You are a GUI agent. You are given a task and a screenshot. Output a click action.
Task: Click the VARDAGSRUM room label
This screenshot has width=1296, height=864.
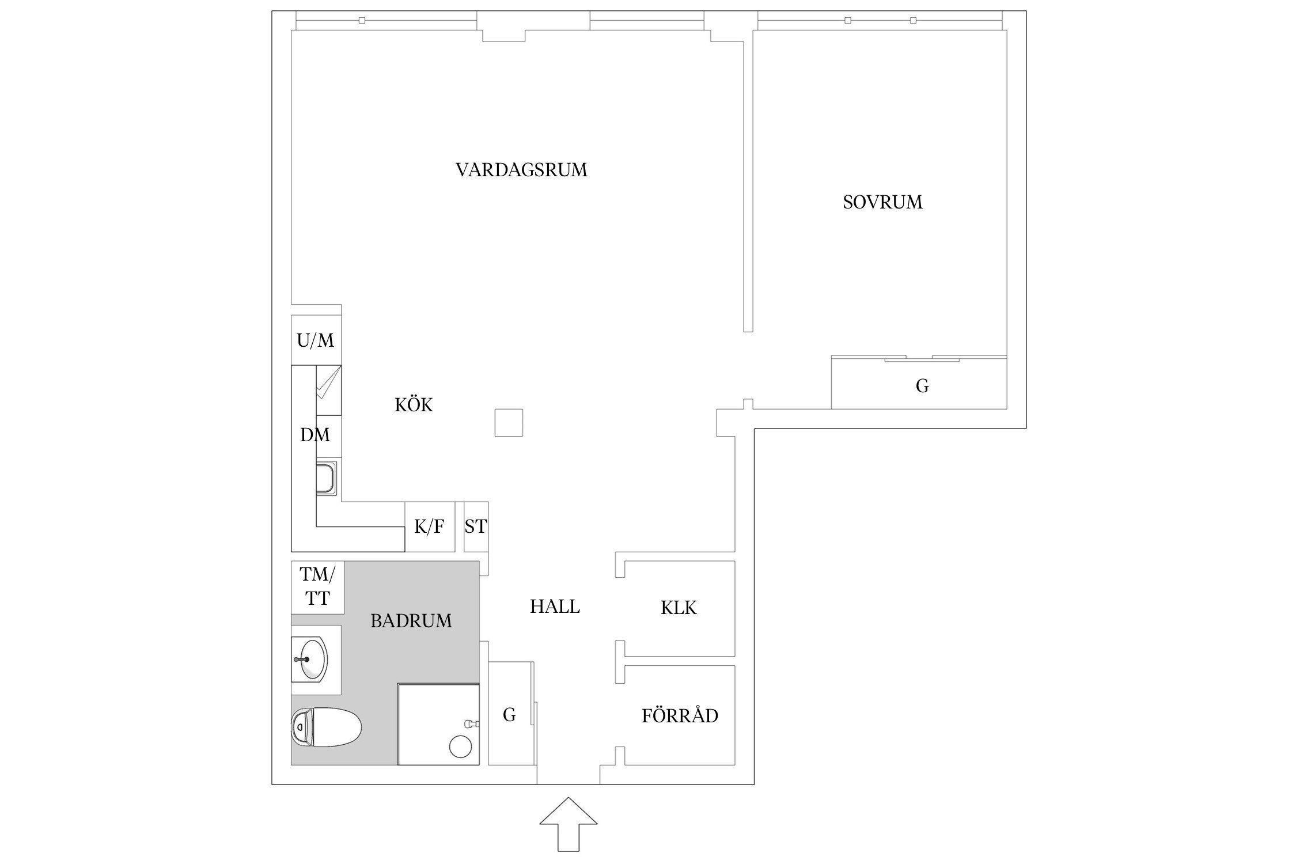[x=521, y=170]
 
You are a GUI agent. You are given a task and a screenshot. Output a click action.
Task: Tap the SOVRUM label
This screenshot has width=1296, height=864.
[x=882, y=202]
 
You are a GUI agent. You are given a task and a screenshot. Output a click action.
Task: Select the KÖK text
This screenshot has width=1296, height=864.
[x=414, y=405]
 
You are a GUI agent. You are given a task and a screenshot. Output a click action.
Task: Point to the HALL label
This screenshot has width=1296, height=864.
[x=555, y=607]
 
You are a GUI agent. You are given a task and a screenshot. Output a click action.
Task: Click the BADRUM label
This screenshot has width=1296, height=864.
[x=411, y=621]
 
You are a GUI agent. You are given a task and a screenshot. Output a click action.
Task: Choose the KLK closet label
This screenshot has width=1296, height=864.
[x=679, y=608]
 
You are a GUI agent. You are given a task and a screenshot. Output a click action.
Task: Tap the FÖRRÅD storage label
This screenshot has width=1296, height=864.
[x=680, y=716]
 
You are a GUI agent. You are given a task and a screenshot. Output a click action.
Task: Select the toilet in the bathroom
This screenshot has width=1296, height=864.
[x=326, y=729]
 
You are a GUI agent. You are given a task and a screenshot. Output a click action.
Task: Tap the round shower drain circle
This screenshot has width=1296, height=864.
[x=460, y=747]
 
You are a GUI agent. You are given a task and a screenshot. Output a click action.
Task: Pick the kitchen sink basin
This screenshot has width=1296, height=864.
[x=328, y=479]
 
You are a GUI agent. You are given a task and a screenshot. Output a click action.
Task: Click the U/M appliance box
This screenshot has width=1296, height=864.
[x=316, y=340]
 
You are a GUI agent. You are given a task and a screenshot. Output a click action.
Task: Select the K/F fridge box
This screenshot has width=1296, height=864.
[x=430, y=526]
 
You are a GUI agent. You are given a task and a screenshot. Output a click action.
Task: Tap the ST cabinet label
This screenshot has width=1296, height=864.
[x=476, y=526]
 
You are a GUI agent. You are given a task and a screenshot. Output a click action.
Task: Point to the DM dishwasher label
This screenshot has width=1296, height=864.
[x=314, y=435]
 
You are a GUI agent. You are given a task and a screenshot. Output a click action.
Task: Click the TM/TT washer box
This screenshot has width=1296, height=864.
[x=317, y=586]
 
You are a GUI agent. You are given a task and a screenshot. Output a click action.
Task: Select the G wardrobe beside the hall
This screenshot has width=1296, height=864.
[x=509, y=715]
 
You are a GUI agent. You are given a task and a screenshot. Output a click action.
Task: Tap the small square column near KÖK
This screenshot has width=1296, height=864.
[x=509, y=423]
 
